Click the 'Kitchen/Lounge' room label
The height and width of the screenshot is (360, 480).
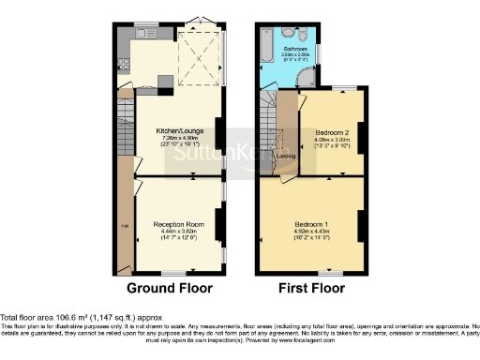pyautogui.click(x=178, y=132)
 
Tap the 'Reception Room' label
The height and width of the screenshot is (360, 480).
pyautogui.click(x=179, y=225)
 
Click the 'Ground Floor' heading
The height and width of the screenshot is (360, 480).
pyautogui.click(x=169, y=288)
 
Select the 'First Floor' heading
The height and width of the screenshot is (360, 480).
pyautogui.click(x=308, y=288)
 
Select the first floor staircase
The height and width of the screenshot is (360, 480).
pyautogui.click(x=265, y=131)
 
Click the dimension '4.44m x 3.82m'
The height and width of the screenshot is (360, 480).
pyautogui.click(x=179, y=232)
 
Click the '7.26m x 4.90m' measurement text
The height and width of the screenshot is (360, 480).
pyautogui.click(x=178, y=139)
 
